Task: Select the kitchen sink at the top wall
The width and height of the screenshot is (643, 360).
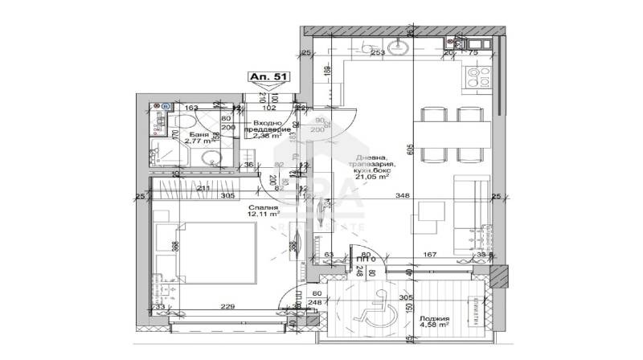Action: pos(398,49)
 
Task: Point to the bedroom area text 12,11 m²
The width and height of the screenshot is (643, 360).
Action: pos(263,215)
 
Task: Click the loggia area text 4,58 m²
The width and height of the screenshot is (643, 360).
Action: pos(433,327)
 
